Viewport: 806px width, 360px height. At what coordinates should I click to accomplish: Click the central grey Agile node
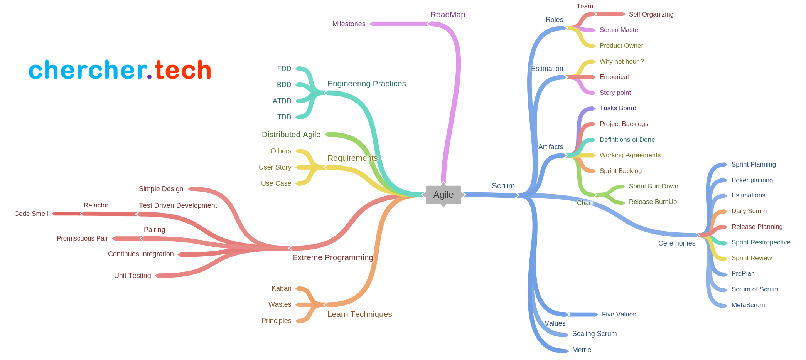(443, 195)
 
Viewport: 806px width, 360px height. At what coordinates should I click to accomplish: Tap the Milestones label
(349, 24)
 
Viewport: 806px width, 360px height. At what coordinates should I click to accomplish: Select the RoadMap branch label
(447, 15)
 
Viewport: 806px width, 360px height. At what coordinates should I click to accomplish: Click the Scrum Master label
(619, 30)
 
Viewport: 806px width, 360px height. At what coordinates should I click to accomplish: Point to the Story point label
(615, 93)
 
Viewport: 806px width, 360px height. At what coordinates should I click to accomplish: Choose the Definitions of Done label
(627, 140)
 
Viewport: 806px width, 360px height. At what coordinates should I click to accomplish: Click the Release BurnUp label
(653, 202)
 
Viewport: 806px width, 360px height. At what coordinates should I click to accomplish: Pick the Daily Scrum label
(749, 211)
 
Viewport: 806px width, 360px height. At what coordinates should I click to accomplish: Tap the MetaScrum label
(748, 305)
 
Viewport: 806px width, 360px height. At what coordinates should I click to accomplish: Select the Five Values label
(619, 314)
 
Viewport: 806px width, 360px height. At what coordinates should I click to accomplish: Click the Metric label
(581, 350)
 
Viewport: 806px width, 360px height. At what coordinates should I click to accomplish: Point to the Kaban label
(281, 288)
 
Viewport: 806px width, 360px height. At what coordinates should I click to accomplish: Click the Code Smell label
(31, 214)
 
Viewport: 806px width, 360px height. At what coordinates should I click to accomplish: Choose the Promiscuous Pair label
(82, 238)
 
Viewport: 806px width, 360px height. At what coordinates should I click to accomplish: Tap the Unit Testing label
(132, 276)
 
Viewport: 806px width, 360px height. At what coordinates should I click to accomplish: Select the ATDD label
(282, 101)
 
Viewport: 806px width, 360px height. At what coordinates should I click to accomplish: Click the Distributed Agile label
(291, 135)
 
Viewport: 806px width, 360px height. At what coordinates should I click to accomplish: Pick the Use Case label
(276, 183)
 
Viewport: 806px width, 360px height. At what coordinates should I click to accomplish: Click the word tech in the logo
(183, 70)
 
